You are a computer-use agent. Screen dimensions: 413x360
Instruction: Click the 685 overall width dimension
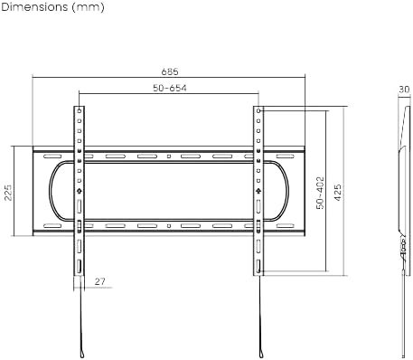pos(170,71)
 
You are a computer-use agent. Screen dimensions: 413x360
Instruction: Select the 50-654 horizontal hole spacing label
pos(170,88)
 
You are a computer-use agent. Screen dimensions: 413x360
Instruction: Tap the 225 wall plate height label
pos(8,192)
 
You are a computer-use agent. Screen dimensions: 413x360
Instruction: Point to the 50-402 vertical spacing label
pos(320,193)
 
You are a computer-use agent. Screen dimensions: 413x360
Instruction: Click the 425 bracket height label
pos(338,193)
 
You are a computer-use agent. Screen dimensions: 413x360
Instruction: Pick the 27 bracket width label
pos(100,281)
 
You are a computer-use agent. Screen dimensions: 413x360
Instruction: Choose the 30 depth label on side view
pos(404,90)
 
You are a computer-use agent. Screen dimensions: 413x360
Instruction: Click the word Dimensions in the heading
pos(34,6)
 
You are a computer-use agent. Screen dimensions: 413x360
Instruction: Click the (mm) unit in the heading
pos(89,7)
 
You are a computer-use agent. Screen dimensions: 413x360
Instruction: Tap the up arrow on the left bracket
pos(80,191)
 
